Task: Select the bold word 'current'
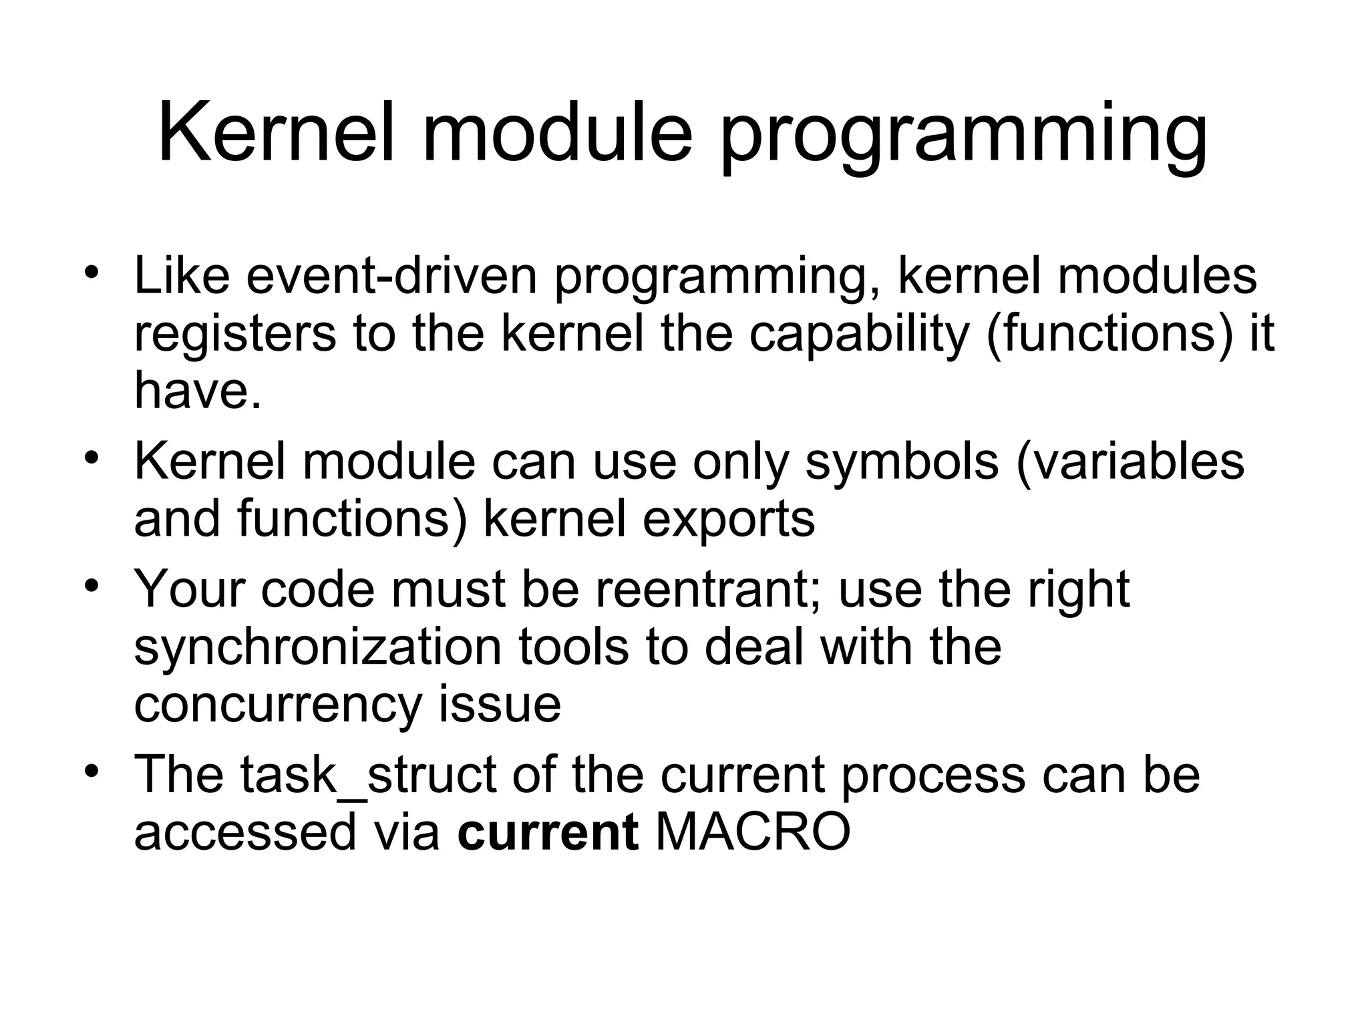click(547, 832)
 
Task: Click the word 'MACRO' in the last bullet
click(753, 832)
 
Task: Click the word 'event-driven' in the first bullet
click(391, 276)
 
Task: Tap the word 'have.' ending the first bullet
click(197, 390)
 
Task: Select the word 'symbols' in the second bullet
click(902, 462)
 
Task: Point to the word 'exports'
click(729, 519)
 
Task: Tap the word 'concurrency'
click(278, 704)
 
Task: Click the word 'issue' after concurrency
click(500, 704)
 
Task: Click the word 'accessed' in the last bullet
click(245, 832)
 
